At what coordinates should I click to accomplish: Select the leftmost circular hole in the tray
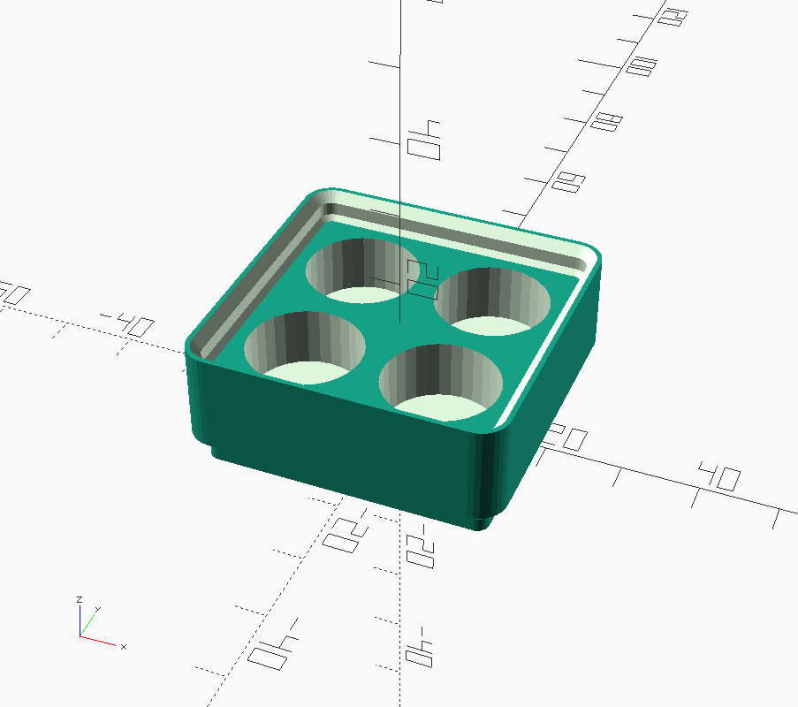pyautogui.click(x=305, y=345)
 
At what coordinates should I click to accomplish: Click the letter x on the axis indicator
pyautogui.click(x=124, y=647)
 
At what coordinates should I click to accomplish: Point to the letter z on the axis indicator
pyautogui.click(x=80, y=600)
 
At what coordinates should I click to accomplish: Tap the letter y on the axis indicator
pyautogui.click(x=96, y=609)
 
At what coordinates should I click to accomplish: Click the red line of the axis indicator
pyautogui.click(x=100, y=641)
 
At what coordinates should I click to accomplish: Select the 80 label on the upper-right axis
pyautogui.click(x=604, y=122)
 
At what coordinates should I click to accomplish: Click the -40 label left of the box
pyautogui.click(x=125, y=323)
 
